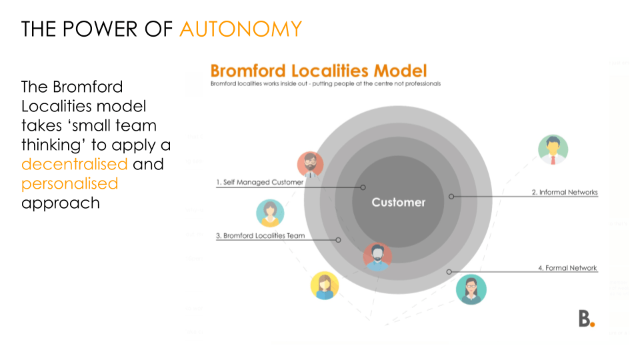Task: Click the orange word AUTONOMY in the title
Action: click(240, 29)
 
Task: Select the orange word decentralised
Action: click(74, 164)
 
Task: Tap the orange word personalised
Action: click(69, 183)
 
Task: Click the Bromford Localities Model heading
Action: click(319, 71)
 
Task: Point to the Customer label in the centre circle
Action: click(398, 202)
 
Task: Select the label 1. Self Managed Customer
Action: click(259, 182)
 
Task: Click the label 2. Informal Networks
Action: click(564, 192)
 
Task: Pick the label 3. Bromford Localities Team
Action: click(261, 235)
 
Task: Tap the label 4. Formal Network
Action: click(567, 268)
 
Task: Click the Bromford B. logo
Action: click(586, 319)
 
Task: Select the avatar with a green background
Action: click(553, 149)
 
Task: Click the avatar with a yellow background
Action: click(325, 285)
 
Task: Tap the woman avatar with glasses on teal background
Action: click(471, 289)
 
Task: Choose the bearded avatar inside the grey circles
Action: click(378, 256)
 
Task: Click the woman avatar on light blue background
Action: click(270, 213)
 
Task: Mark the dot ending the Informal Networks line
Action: click(451, 197)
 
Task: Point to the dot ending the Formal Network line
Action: click(449, 272)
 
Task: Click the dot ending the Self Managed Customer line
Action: click(363, 187)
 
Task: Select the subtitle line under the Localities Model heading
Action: click(325, 84)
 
